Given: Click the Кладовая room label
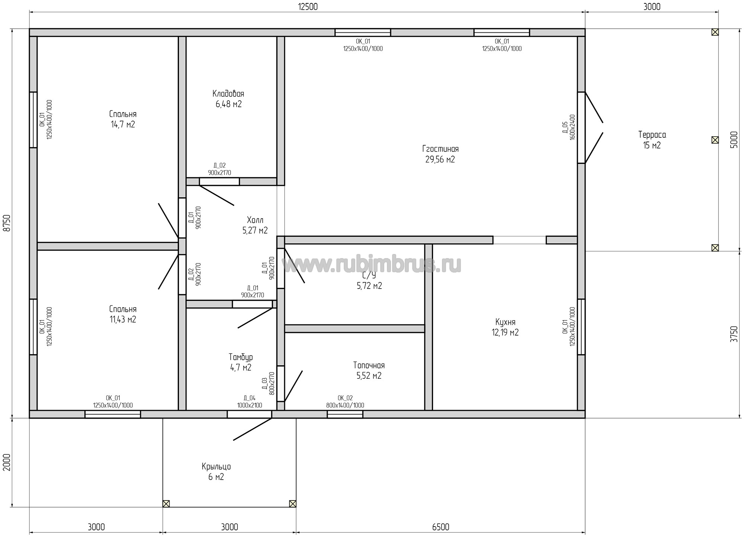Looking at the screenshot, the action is pos(228,99).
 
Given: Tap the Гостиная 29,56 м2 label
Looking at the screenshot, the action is pos(440,154).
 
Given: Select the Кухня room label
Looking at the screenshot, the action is pos(505,327).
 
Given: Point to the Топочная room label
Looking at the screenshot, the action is pos(369,371).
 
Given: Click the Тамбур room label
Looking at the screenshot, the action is pos(241,362).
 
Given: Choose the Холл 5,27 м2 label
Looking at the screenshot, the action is pos(255,225).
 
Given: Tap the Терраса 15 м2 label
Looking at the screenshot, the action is pos(652,140).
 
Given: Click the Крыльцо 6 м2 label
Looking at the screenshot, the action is pos(216,472).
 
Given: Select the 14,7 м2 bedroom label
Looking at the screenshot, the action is pos(123,119).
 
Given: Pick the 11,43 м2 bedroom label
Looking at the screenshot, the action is pos(123,314).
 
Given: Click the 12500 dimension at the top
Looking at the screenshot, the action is pos(308,7).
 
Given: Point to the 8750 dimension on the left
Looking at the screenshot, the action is pos(7,223).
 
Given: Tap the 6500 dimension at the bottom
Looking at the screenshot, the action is pos(441,527).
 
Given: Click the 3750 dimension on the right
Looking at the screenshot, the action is pos(733,334).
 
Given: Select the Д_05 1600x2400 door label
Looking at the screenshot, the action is pos(569,127).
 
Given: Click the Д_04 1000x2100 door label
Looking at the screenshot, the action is pos(250,402).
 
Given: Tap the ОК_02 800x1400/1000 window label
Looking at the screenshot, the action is pos(345,402).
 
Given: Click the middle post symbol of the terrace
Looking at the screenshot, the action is pos(715,140).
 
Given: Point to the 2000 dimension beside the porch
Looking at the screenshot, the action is pos(7,462).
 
